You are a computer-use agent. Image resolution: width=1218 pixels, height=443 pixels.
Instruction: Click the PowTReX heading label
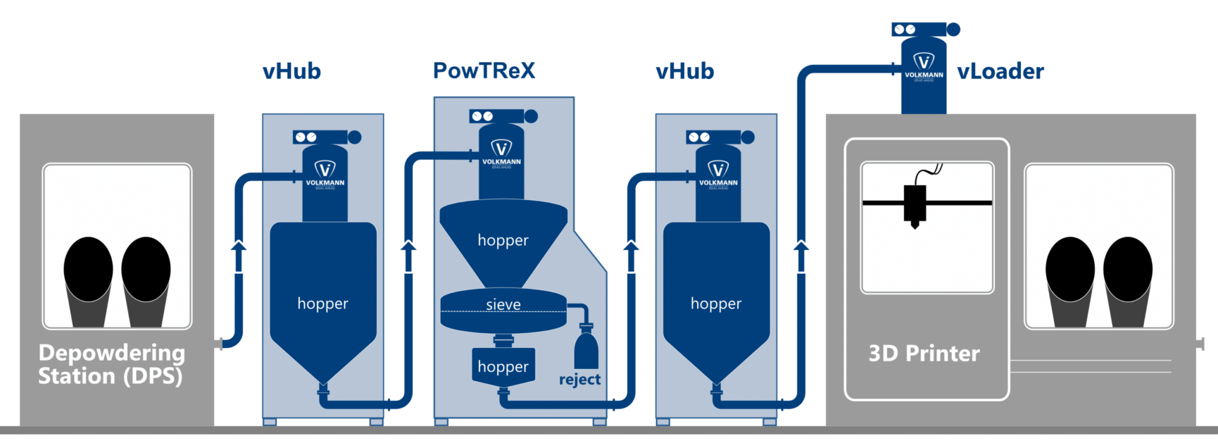tap(484, 71)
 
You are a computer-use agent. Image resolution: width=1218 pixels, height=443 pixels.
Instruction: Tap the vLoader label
tap(1000, 71)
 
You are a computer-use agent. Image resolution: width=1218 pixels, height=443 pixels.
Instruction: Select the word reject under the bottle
tap(579, 379)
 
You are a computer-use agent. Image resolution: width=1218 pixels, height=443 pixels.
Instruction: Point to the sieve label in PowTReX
tap(503, 305)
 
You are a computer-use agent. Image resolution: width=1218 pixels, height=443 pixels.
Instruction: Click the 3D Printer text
tap(924, 353)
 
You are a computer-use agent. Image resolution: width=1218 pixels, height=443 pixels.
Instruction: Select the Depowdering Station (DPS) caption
tap(111, 364)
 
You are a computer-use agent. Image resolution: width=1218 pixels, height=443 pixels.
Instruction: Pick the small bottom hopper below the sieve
tap(503, 366)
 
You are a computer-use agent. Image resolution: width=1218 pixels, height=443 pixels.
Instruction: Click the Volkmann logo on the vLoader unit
tap(924, 65)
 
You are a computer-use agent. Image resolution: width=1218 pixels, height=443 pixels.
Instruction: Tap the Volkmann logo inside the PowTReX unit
tap(501, 152)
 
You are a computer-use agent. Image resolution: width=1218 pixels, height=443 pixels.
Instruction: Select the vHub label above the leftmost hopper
tap(291, 71)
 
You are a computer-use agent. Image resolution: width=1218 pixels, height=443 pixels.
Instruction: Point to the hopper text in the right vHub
tap(716, 303)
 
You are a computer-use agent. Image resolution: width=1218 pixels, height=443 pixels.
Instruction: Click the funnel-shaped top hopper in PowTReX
tap(503, 241)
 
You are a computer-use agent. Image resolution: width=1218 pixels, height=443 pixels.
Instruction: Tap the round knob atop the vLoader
tap(953, 29)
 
